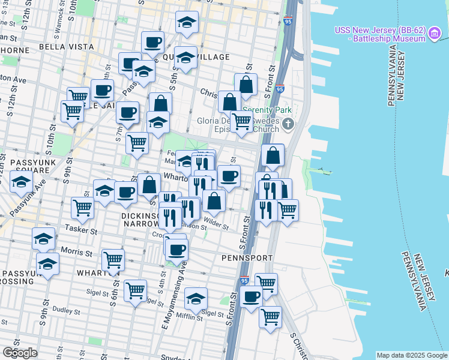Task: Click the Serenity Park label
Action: pyautogui.click(x=266, y=111)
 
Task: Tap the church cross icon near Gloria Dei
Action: pyautogui.click(x=288, y=125)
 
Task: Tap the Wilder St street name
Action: pyautogui.click(x=216, y=223)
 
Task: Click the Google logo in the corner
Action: pyautogui.click(x=20, y=352)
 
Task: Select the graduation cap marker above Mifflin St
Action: pyautogui.click(x=196, y=298)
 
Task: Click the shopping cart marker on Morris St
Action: pyautogui.click(x=113, y=260)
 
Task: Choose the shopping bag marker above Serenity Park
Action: pyautogui.click(x=246, y=85)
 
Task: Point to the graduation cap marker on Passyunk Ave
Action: pyautogui.click(x=22, y=182)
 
